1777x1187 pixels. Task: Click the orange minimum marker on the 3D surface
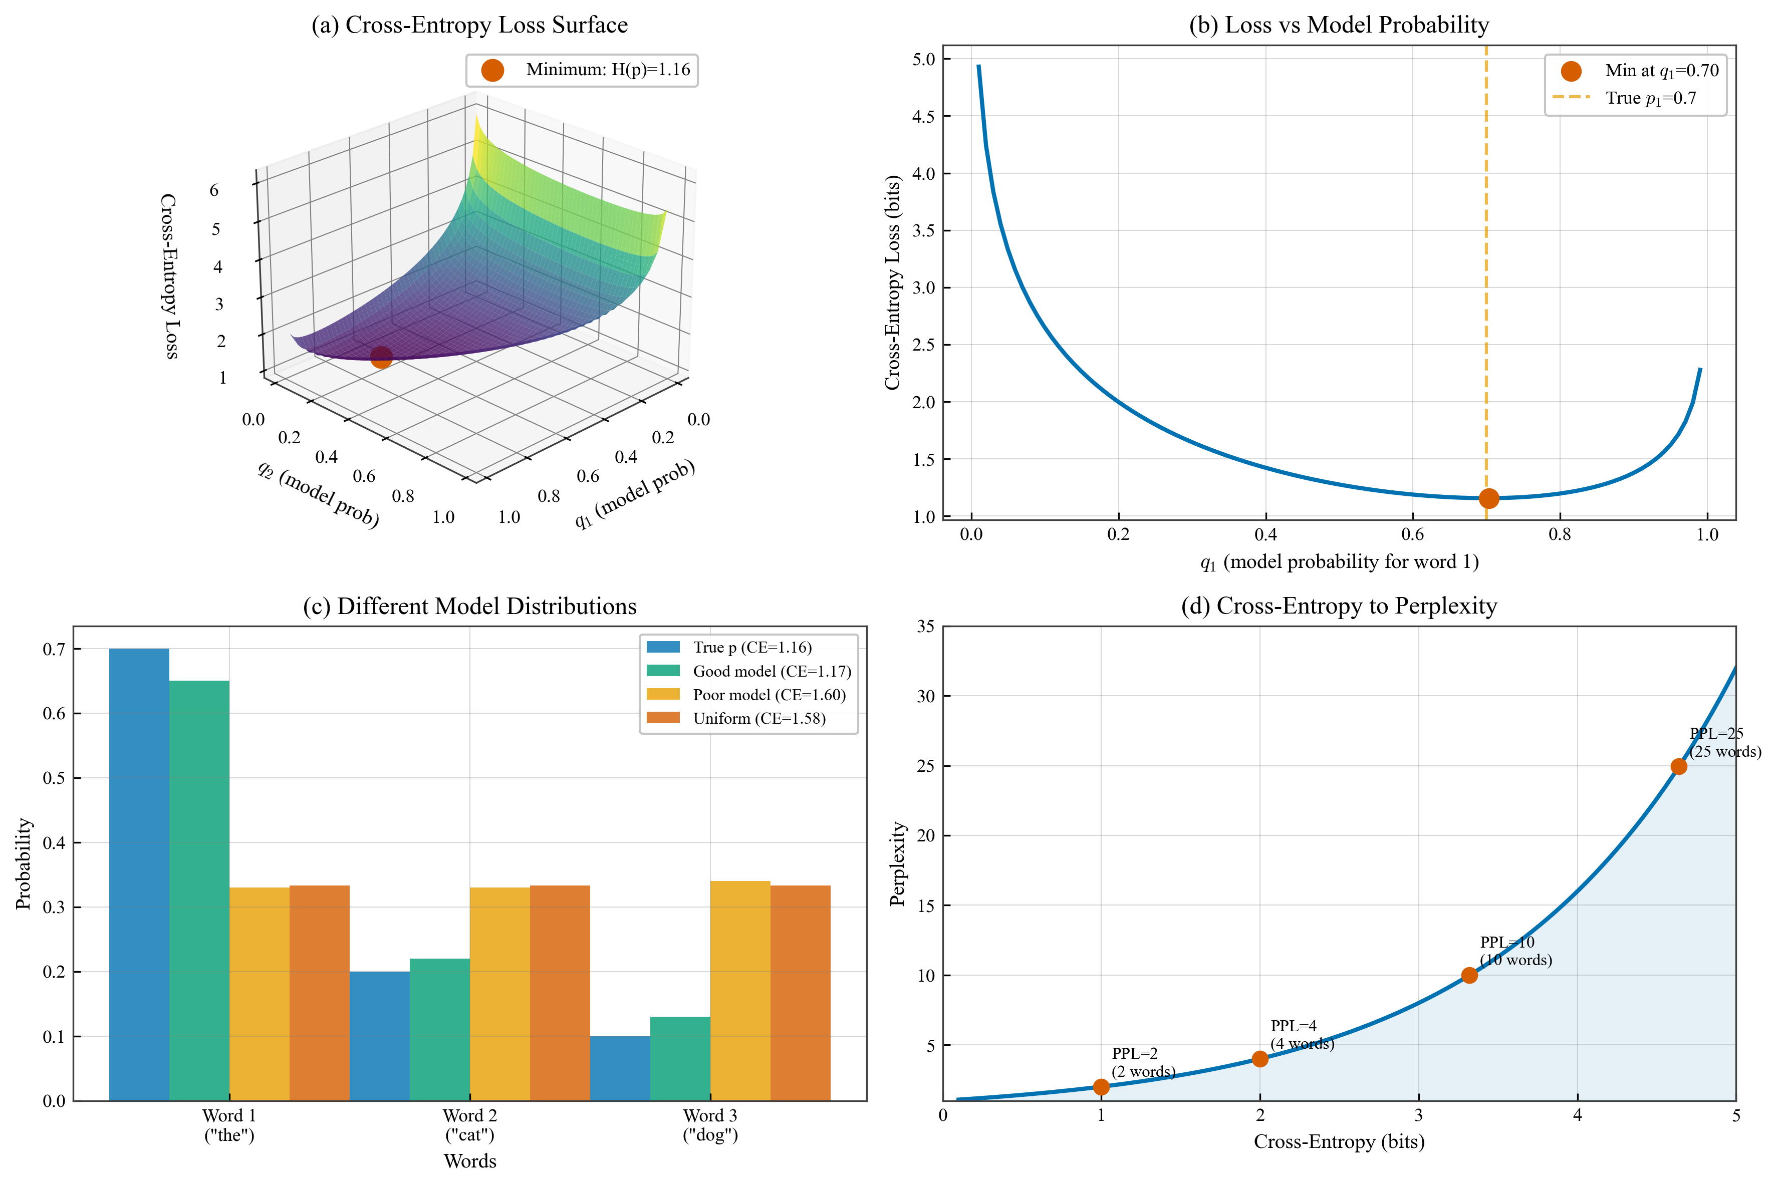pyautogui.click(x=381, y=357)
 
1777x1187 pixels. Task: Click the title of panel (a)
pyautogui.click(x=469, y=25)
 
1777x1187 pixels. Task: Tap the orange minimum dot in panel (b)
pyautogui.click(x=1488, y=498)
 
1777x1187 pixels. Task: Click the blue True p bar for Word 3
pyautogui.click(x=619, y=1067)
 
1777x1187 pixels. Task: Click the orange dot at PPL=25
pyautogui.click(x=1679, y=766)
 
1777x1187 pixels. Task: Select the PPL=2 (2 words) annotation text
pyautogui.click(x=1143, y=1062)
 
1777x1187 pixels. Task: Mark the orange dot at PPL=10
pyautogui.click(x=1469, y=975)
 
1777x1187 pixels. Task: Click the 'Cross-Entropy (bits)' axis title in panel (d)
pyautogui.click(x=1339, y=1141)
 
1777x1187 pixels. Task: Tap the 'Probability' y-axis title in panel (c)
pyautogui.click(x=24, y=863)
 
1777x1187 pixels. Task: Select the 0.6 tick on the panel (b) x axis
pyautogui.click(x=1412, y=534)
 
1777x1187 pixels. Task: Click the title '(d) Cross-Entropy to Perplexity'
pyautogui.click(x=1339, y=607)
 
